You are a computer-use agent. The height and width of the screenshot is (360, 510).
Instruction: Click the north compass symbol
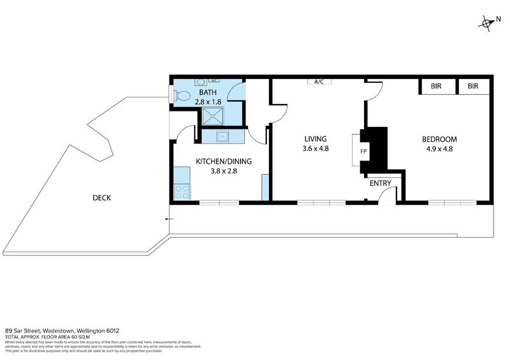coord(487,23)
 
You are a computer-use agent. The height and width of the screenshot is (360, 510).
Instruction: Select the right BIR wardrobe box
coord(473,86)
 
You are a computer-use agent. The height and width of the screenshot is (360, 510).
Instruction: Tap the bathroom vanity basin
coord(199,82)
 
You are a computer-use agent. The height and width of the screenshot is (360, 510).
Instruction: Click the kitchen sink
coord(222,136)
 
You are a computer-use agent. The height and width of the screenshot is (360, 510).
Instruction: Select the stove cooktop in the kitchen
coord(181,191)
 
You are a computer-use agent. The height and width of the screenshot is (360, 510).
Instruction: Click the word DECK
coord(101,198)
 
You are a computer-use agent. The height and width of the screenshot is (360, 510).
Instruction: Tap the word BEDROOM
coord(439,139)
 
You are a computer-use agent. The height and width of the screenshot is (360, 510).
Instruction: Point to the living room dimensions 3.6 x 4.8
coord(315,149)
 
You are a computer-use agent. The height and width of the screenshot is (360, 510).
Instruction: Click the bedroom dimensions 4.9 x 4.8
coord(439,149)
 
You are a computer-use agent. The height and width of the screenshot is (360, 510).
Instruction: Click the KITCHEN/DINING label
coord(223,161)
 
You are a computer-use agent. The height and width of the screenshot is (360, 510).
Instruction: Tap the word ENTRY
coord(381,184)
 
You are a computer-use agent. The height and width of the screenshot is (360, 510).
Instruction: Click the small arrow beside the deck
coord(168,219)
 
